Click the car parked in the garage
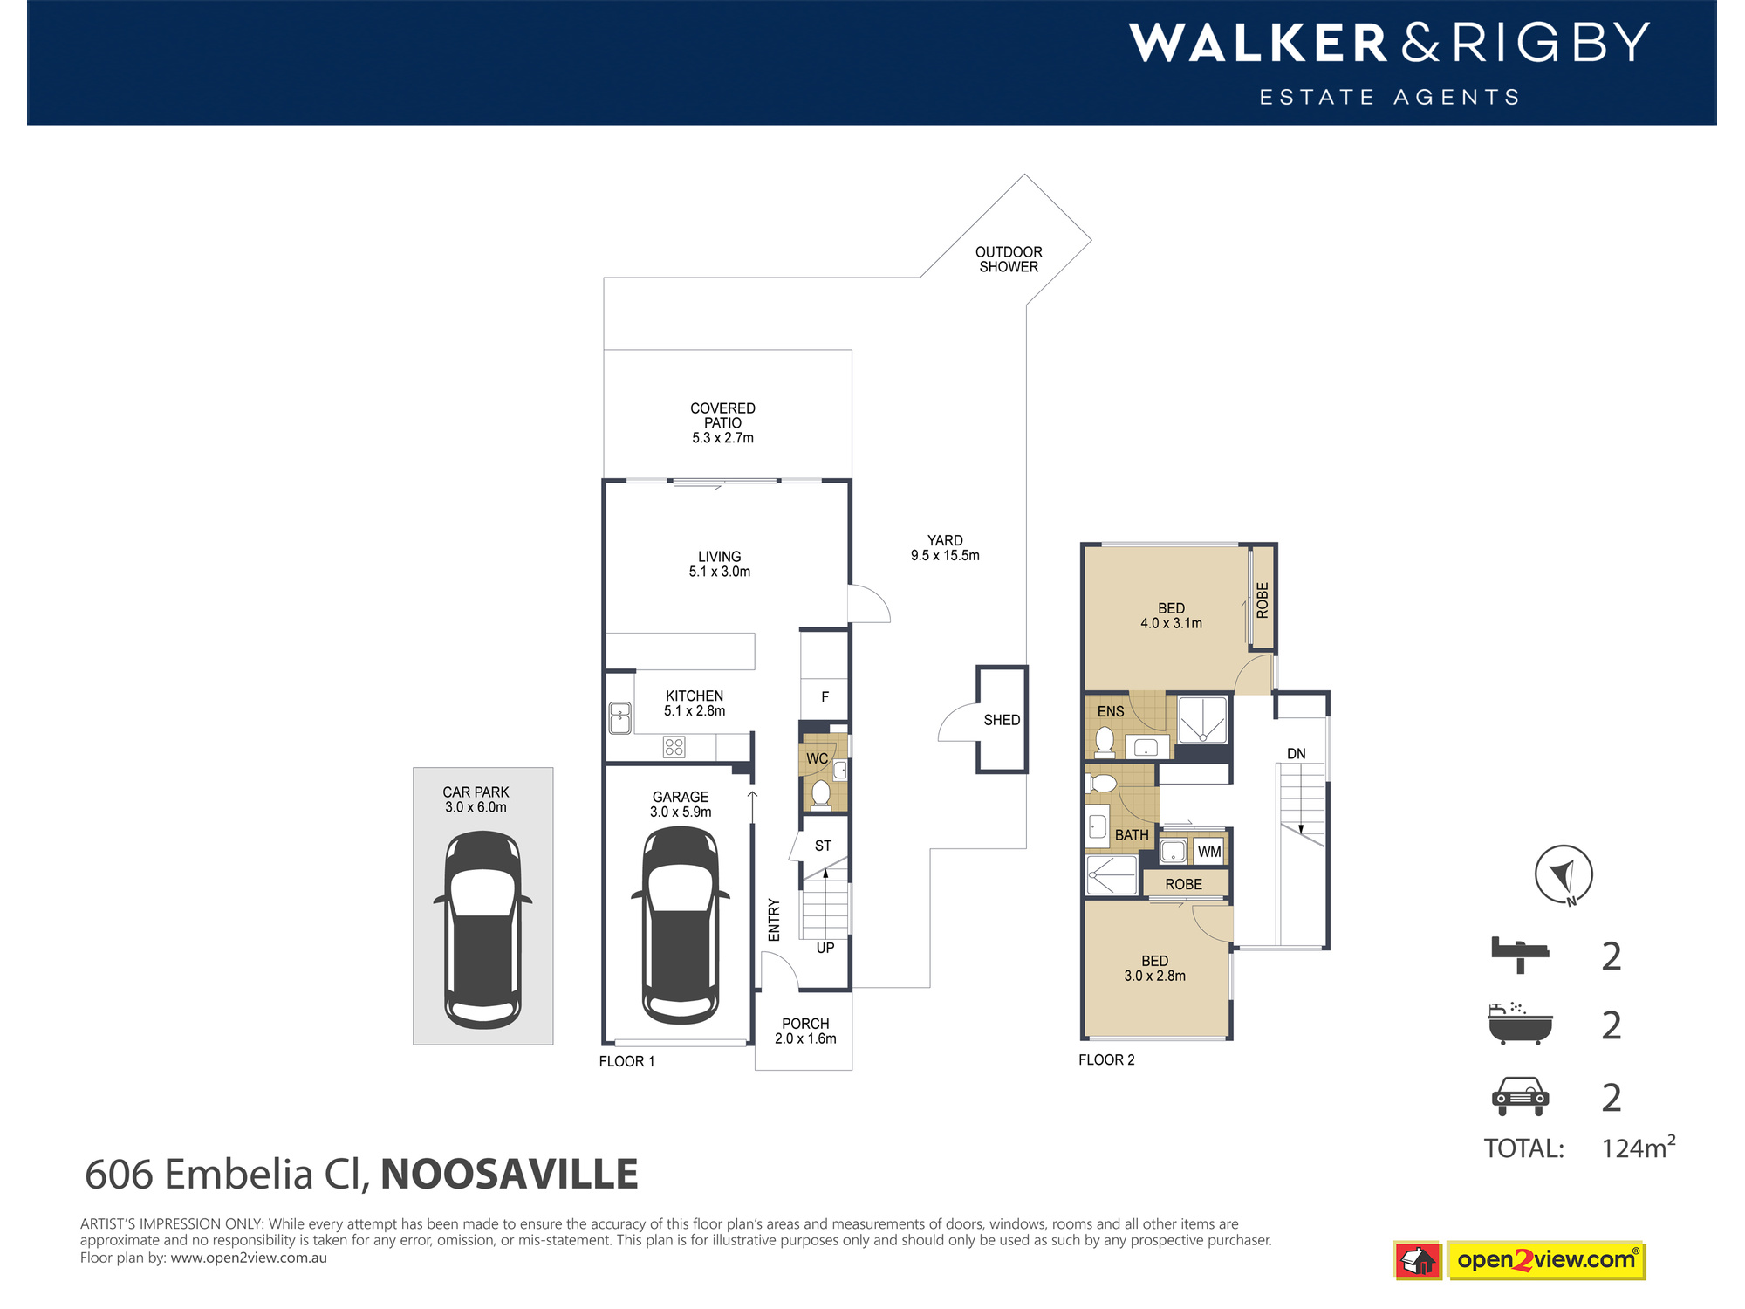tap(681, 925)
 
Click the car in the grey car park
tap(482, 929)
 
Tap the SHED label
tap(1001, 720)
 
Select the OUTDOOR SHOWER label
tap(1009, 259)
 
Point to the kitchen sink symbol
tap(620, 718)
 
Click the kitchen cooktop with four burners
tap(674, 746)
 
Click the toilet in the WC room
tap(820, 794)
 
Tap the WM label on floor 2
tap(1208, 852)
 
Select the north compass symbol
tap(1564, 874)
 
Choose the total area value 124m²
tap(1638, 1148)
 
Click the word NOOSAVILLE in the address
tap(510, 1174)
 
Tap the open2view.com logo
tap(1545, 1260)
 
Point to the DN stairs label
tap(1296, 754)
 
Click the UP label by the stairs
tap(825, 948)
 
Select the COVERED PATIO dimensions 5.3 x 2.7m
tap(722, 438)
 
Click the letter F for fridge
tap(825, 697)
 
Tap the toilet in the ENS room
tap(1105, 741)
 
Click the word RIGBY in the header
tap(1550, 43)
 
